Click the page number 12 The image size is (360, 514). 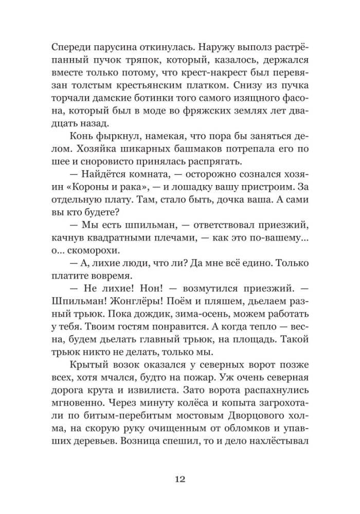coord(179,479)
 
